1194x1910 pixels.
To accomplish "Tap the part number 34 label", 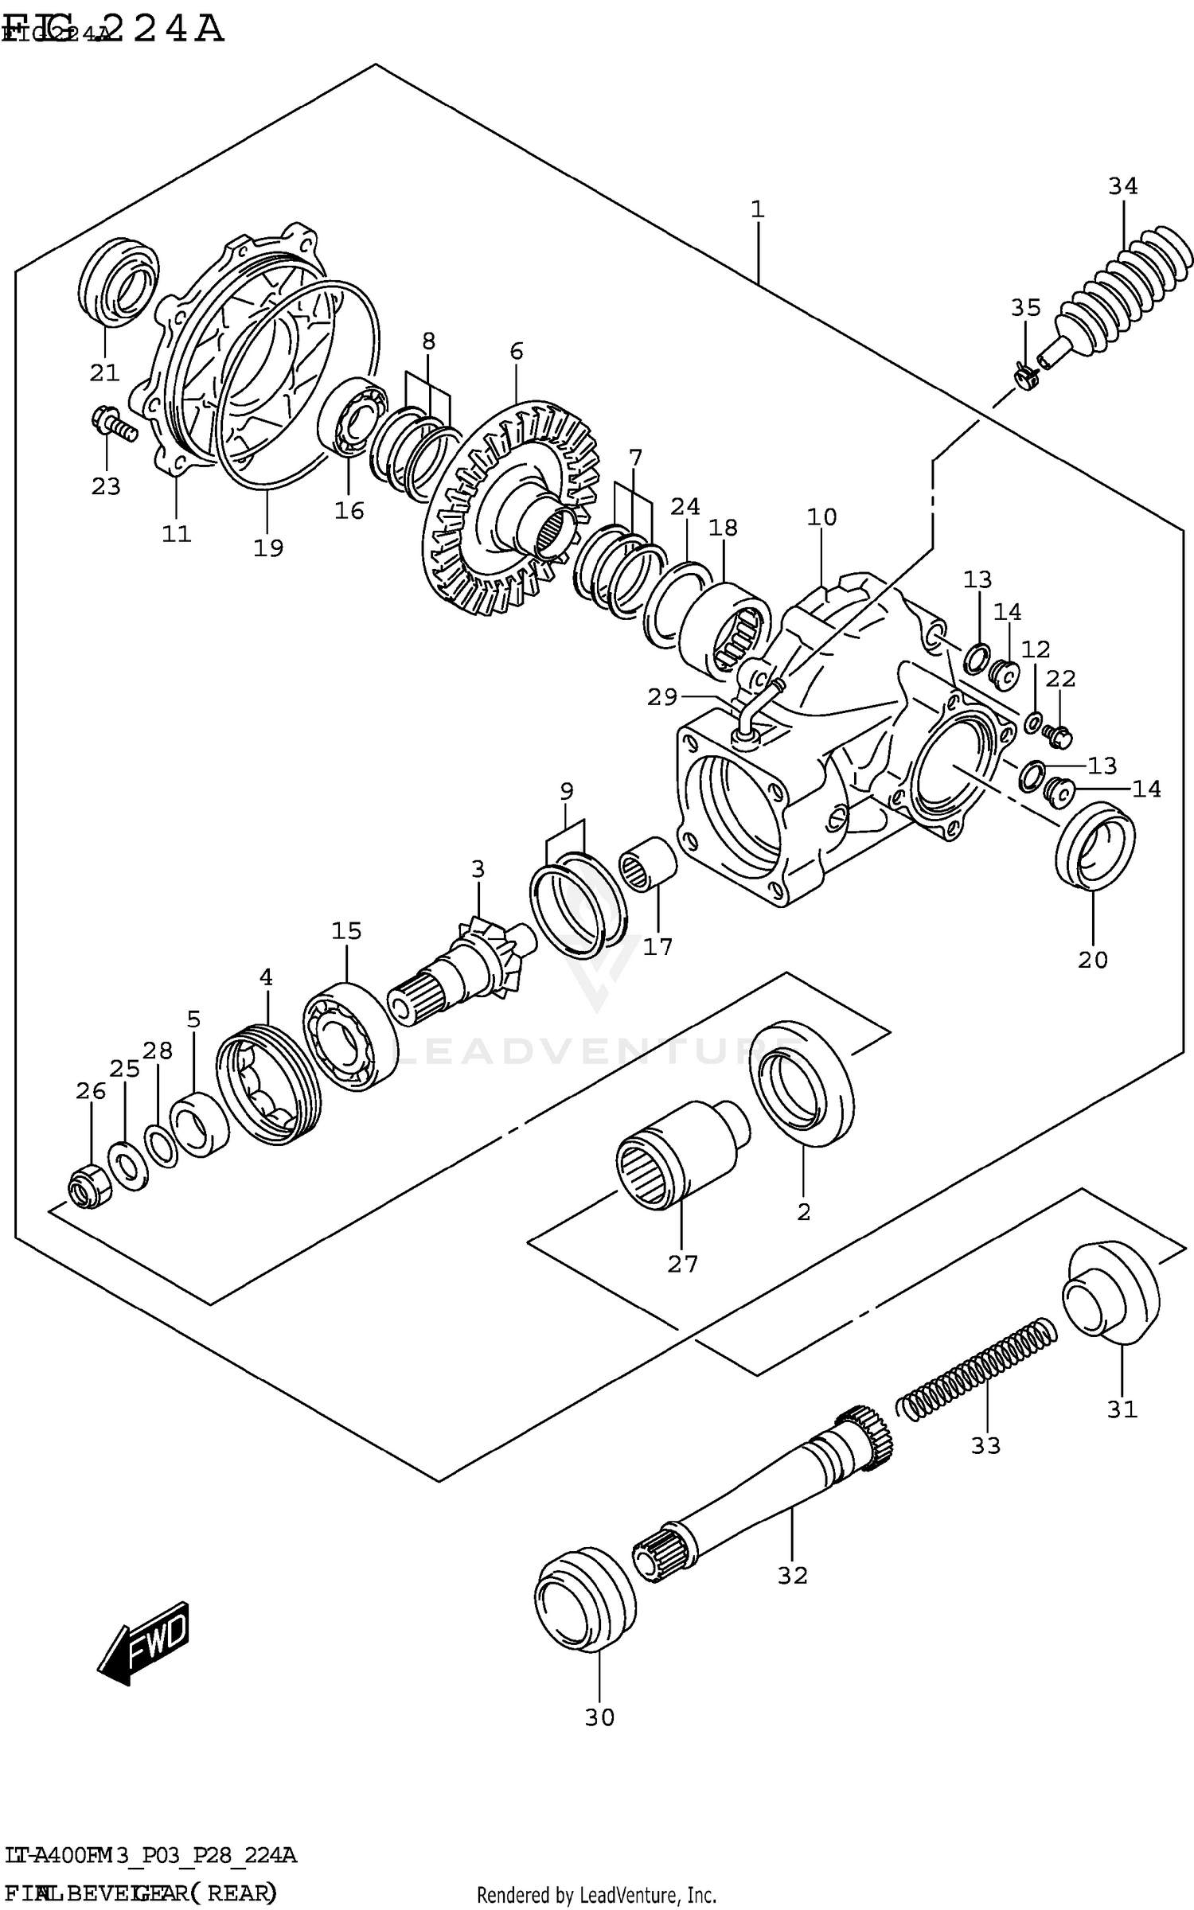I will [x=1123, y=186].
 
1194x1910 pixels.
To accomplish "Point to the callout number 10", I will [x=821, y=517].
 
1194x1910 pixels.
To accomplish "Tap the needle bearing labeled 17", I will [x=647, y=864].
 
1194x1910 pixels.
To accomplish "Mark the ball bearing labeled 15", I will [x=350, y=1035].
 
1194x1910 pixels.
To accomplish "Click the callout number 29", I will [x=662, y=697].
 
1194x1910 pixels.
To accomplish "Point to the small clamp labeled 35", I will [x=1024, y=372].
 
